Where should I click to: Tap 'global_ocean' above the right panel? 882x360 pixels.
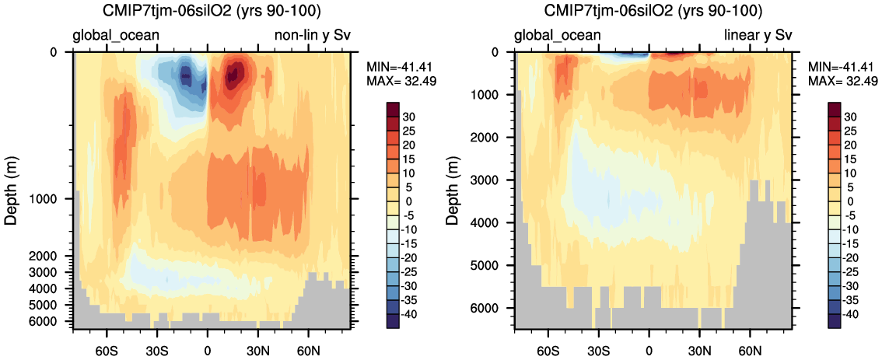pyautogui.click(x=558, y=35)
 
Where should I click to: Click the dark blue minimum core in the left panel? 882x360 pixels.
pyautogui.click(x=186, y=75)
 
